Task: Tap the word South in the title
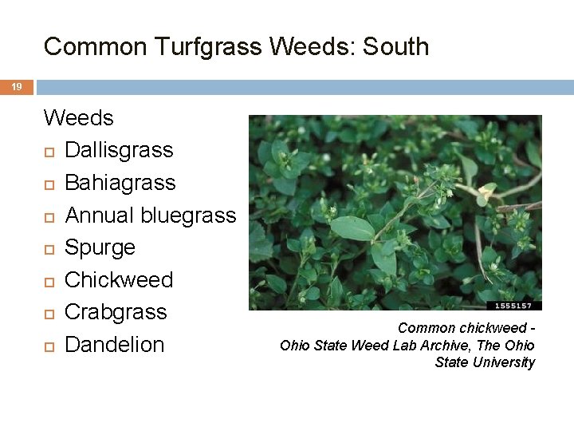[395, 47]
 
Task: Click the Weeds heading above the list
[79, 118]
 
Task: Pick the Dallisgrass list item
[119, 150]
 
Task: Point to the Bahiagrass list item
[120, 183]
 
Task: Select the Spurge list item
[100, 247]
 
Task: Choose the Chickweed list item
[119, 280]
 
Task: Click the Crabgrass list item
[116, 312]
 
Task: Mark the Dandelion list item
[114, 345]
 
